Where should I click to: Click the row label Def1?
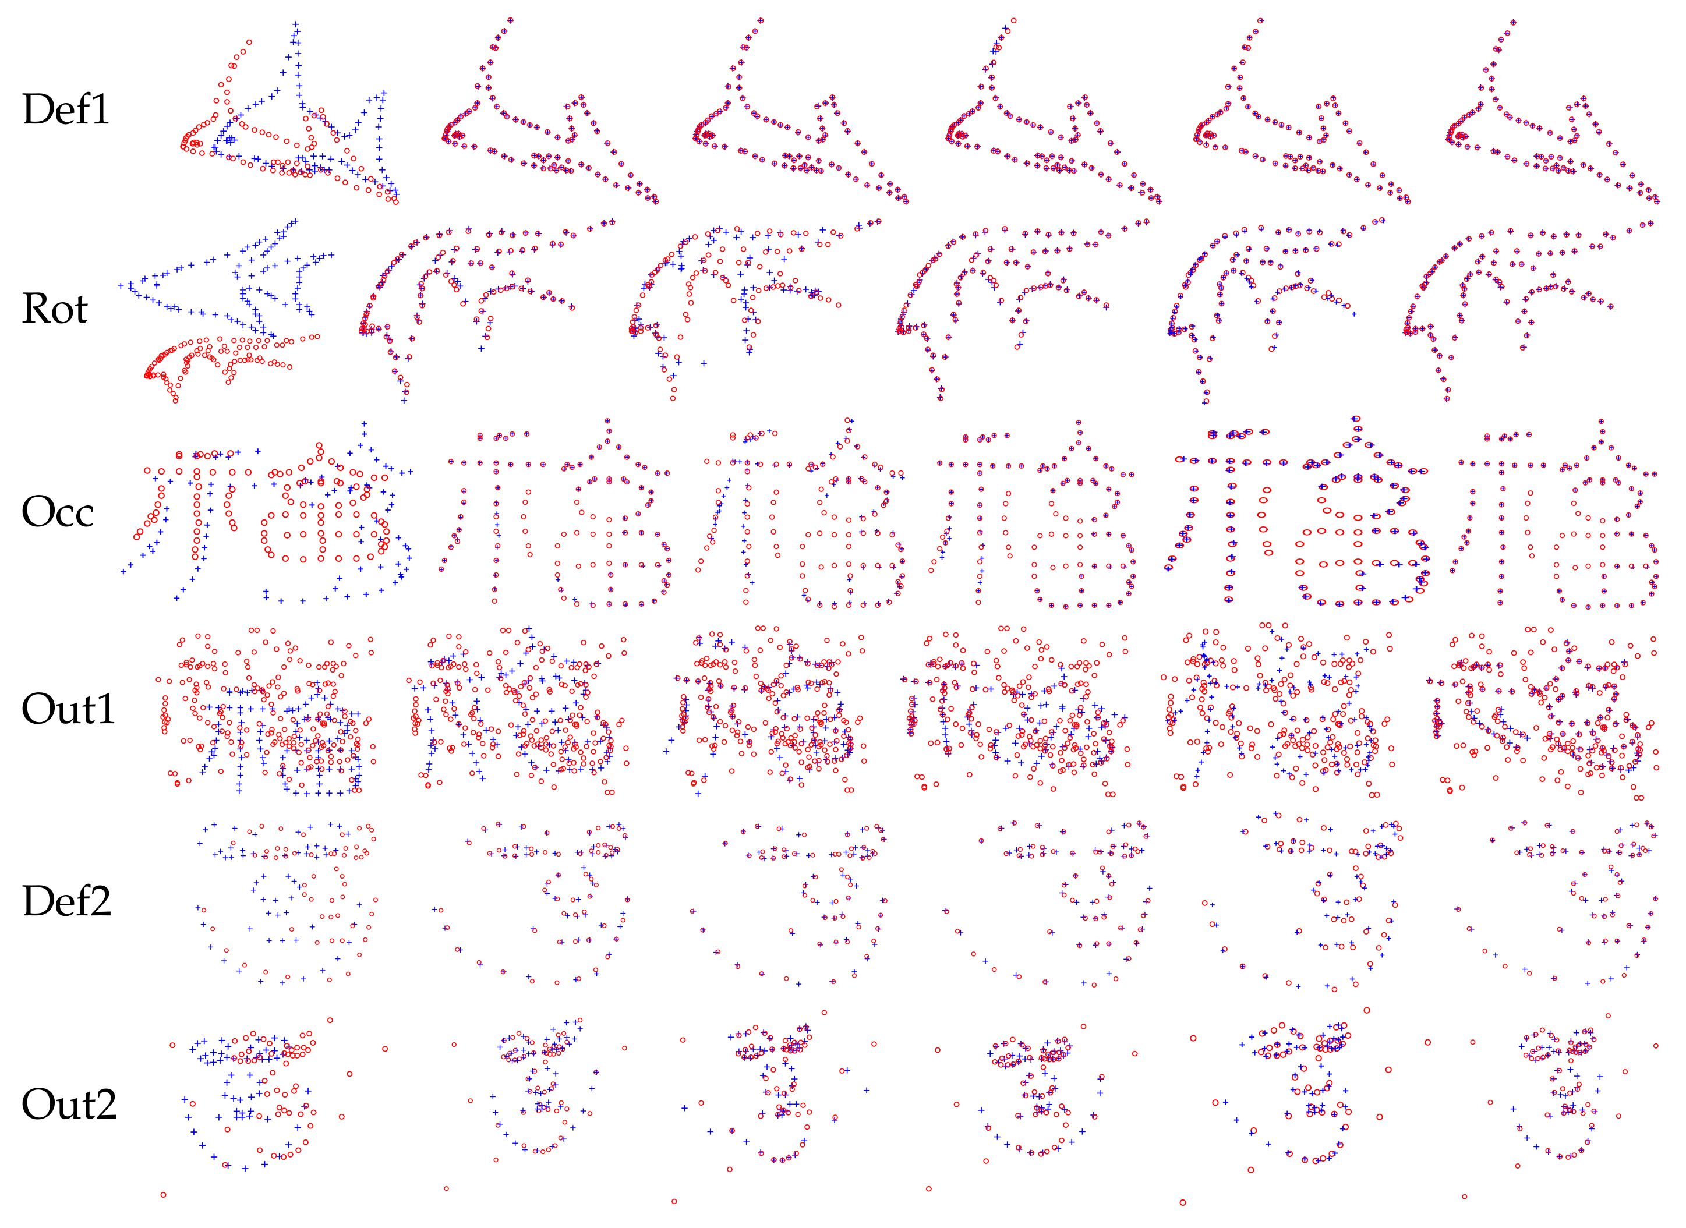[66, 109]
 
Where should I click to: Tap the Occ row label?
[58, 511]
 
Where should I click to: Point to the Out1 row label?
[68, 709]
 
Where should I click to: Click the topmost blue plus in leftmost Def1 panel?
[296, 24]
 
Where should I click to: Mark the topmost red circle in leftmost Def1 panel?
[249, 43]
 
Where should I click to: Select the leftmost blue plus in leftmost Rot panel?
[121, 285]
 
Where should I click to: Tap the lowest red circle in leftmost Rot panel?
[175, 401]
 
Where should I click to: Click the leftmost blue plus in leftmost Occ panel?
[123, 571]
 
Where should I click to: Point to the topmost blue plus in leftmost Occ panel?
[363, 424]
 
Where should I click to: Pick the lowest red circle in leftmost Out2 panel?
[164, 1195]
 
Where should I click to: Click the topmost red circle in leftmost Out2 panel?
[330, 1020]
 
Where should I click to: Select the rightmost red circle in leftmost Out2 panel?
[385, 1049]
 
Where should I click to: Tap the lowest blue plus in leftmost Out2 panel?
[245, 1169]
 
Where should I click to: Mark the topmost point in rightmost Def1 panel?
[1514, 22]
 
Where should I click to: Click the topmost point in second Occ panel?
[608, 421]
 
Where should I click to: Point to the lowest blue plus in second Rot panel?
[404, 401]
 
